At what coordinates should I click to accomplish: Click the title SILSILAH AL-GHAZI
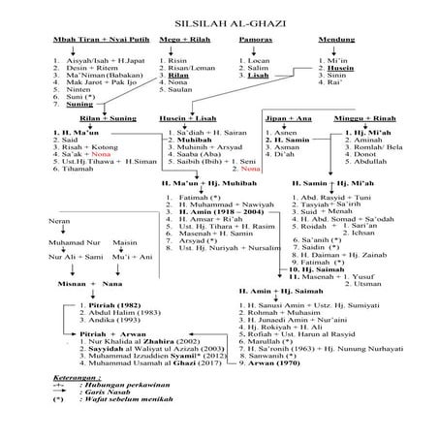(220, 18)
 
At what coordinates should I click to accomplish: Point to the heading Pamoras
(255, 41)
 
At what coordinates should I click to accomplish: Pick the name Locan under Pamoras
(258, 60)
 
